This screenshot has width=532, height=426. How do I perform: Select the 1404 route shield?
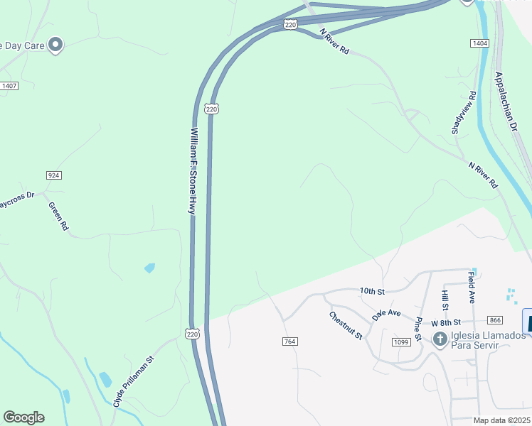click(479, 44)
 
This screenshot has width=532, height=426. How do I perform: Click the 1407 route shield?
click(9, 86)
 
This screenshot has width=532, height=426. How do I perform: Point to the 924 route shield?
click(53, 175)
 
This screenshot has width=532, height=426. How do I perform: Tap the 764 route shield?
click(289, 342)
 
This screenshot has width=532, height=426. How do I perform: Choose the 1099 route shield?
click(400, 342)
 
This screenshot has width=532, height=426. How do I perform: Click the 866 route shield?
click(496, 322)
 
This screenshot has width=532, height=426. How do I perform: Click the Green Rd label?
click(58, 216)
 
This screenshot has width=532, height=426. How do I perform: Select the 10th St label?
click(371, 292)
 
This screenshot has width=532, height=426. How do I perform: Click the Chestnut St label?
click(346, 324)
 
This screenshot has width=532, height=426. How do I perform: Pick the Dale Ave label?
click(387, 312)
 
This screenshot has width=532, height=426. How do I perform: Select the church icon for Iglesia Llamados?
click(440, 339)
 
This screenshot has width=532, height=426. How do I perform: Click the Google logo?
click(23, 417)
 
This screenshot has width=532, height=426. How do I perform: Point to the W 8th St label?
click(446, 322)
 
